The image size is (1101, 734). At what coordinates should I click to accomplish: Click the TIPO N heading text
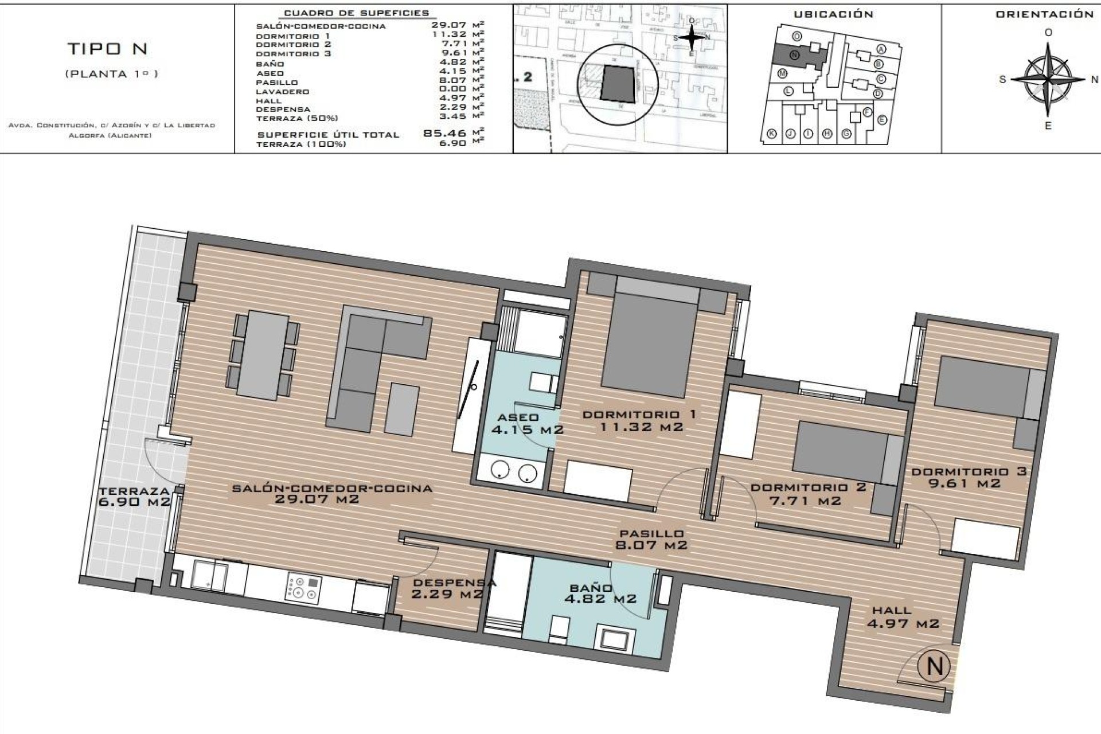(108, 49)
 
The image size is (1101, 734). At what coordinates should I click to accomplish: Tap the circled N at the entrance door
(934, 666)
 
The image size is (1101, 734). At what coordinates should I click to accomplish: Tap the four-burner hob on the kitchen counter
(303, 588)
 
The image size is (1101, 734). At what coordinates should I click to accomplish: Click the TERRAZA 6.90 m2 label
(135, 497)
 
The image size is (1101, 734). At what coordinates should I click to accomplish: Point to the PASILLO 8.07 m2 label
(651, 540)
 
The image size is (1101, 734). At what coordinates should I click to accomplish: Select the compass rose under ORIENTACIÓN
(1048, 79)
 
